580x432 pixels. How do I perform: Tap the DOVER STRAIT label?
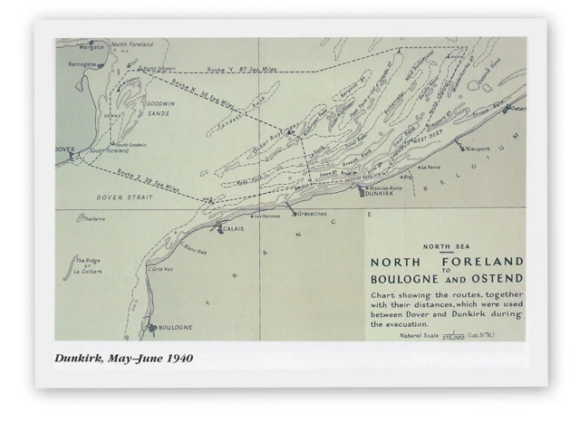(123, 197)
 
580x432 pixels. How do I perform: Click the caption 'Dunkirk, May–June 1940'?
(123, 359)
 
